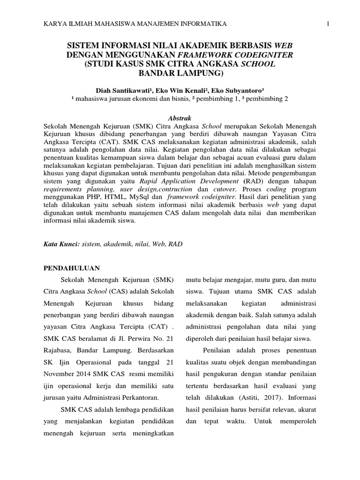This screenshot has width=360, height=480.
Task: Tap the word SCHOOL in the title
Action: pyautogui.click(x=258, y=64)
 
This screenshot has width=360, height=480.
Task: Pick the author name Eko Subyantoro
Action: pyautogui.click(x=238, y=90)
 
